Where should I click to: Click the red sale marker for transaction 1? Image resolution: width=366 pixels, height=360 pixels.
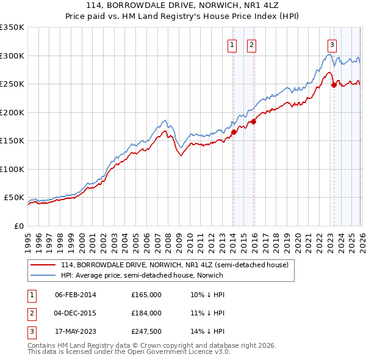pyautogui.click(x=234, y=131)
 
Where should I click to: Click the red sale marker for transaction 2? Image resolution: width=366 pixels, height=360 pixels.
pyautogui.click(x=253, y=121)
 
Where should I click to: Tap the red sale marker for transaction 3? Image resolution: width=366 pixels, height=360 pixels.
pyautogui.click(x=334, y=85)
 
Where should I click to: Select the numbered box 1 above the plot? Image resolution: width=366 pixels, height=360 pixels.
pyautogui.click(x=232, y=44)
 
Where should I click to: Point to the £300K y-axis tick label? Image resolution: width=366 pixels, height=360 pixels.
pyautogui.click(x=12, y=56)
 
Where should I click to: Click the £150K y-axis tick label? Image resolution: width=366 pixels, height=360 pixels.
pyautogui.click(x=12, y=141)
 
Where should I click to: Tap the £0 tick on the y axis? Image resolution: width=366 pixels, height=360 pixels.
pyautogui.click(x=20, y=226)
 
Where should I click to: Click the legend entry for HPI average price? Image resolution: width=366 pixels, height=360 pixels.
pyautogui.click(x=142, y=275)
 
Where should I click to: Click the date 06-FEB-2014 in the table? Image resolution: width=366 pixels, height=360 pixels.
pyautogui.click(x=75, y=294)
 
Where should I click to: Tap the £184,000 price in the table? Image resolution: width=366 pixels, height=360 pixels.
pyautogui.click(x=146, y=313)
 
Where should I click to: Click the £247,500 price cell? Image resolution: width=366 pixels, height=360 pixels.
pyautogui.click(x=146, y=332)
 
